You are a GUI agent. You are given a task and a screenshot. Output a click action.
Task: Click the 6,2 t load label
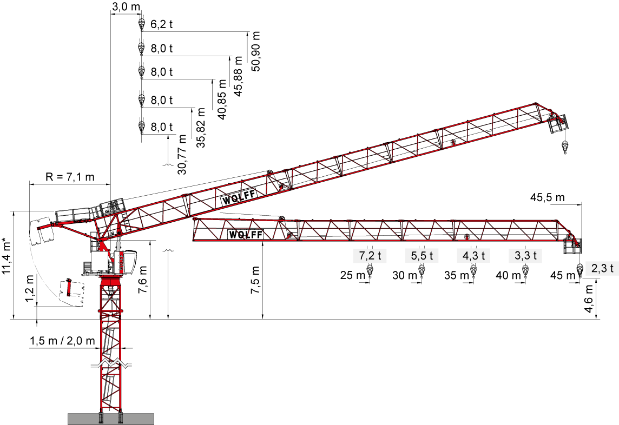pos(161,24)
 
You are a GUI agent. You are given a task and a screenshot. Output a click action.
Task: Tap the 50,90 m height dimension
pos(256,51)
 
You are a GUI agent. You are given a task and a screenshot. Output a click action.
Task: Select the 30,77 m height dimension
pos(182,154)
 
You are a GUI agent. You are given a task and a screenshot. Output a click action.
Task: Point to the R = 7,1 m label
pos(70,176)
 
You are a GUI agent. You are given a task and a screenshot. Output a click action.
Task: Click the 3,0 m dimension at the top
pos(126,6)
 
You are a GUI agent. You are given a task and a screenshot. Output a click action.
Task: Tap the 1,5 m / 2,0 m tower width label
pos(62,341)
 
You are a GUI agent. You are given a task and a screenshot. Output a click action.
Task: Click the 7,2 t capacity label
pos(370,256)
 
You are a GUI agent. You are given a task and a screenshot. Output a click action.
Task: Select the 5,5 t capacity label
pos(422,256)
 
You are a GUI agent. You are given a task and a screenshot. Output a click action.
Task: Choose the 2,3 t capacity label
pos(602,268)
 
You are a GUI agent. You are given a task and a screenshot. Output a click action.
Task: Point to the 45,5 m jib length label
pos(547,197)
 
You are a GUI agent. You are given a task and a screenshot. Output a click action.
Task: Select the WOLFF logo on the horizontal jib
pos(246,235)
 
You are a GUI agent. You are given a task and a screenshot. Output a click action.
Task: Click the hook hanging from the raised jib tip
pos(565,147)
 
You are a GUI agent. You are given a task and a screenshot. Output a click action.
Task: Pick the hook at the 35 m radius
pos(473,272)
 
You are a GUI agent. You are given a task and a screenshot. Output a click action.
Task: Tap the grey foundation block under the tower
pos(111,419)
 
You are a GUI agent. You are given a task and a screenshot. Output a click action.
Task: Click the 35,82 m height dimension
pos(201,127)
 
